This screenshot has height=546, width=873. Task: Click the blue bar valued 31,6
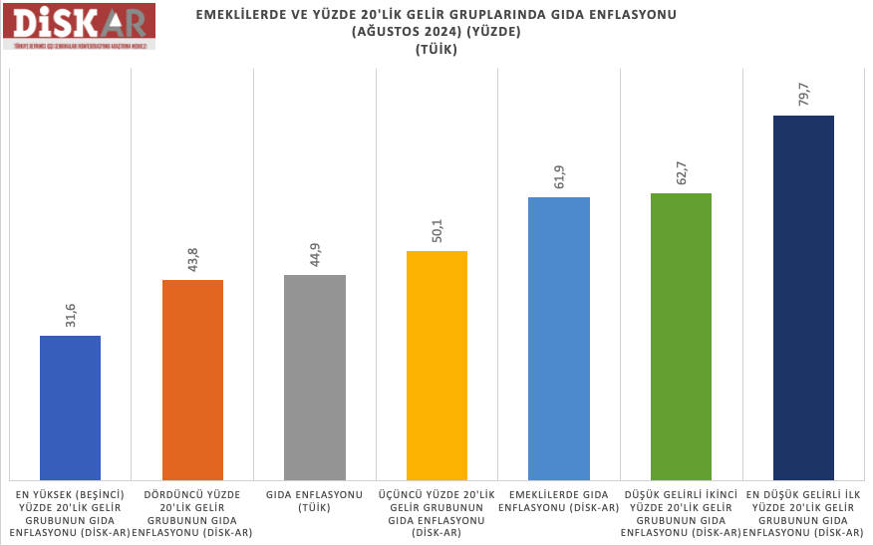[x=70, y=407]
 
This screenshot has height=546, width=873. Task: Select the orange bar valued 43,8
[x=192, y=379]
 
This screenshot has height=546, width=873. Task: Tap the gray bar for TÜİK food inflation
[x=315, y=377]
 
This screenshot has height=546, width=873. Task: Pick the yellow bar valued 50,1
[x=436, y=365]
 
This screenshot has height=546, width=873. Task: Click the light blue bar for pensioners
[x=559, y=338]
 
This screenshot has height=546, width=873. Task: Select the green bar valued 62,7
[x=681, y=336]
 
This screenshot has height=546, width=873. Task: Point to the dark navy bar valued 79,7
[x=803, y=297]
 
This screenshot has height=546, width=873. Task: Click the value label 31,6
[x=71, y=316]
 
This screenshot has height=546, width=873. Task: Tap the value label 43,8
[x=192, y=260]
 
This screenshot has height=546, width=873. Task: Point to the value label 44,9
[x=315, y=255]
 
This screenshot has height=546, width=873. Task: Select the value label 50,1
[x=436, y=231]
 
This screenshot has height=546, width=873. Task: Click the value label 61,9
[x=559, y=177]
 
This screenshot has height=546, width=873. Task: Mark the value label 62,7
[x=681, y=173]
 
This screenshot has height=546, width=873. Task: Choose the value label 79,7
[x=803, y=96]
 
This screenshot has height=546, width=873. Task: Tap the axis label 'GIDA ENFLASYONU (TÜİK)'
[x=315, y=500]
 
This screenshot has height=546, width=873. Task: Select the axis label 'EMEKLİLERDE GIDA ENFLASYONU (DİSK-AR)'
[x=559, y=500]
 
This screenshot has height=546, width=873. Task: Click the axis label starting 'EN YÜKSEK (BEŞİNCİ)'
[x=71, y=513]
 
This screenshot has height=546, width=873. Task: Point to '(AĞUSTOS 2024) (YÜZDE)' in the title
[x=436, y=31]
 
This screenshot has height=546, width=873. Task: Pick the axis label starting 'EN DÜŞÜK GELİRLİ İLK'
[x=803, y=513]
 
